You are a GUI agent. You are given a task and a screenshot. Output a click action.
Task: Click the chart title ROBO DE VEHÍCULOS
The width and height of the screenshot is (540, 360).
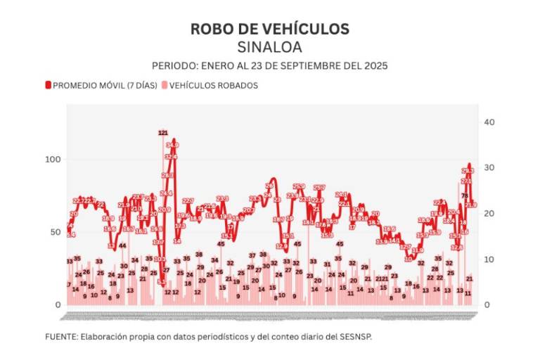269,29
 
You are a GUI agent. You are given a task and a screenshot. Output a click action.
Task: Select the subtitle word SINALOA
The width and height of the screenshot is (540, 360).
269,47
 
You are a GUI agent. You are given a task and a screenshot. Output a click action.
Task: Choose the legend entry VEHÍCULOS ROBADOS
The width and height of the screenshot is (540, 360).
210,85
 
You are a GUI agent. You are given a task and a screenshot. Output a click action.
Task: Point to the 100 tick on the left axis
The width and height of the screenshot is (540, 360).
53,160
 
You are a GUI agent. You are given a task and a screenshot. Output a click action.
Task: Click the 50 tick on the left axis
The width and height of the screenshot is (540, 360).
56,232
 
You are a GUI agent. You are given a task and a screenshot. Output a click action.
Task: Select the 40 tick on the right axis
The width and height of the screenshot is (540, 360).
489,122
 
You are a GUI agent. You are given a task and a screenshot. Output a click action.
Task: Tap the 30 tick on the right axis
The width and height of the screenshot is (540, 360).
489,168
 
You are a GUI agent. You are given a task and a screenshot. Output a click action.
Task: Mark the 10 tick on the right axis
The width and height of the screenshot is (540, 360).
489,259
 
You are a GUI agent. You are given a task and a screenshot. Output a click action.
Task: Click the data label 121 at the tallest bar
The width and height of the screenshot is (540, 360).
163,132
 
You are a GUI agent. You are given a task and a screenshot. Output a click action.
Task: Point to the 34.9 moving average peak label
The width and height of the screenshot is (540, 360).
172,145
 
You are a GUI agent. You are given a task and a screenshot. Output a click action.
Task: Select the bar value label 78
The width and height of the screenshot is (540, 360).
465,195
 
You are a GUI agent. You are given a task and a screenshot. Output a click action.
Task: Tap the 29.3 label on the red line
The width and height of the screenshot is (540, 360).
468,170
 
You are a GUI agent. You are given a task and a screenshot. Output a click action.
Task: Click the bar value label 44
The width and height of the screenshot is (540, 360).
122,245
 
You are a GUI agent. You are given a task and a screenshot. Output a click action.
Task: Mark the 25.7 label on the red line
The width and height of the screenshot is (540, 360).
319,188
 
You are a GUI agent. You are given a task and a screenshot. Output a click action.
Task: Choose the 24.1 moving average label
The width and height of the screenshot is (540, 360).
342,194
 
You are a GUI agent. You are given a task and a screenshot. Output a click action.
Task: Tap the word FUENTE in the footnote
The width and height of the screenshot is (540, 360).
61,337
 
